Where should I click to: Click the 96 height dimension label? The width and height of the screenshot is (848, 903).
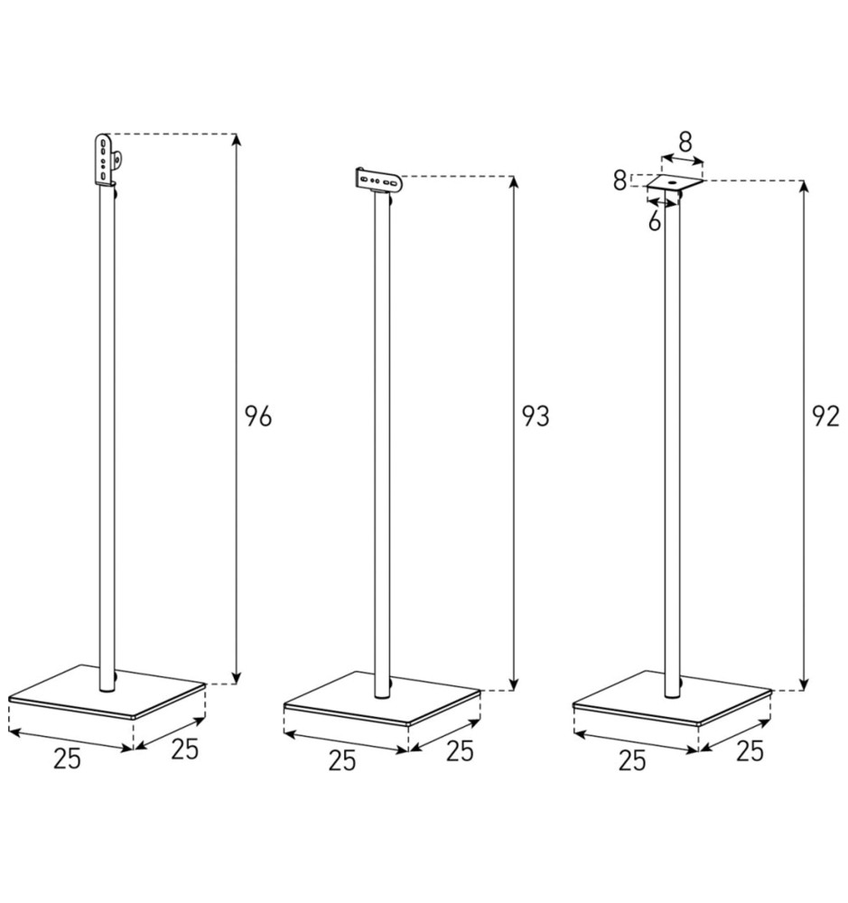point(257,416)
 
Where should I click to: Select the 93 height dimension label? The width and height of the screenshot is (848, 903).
point(536,417)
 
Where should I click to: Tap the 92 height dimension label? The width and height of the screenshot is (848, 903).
point(825,418)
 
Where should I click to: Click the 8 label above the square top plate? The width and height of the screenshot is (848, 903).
point(685,142)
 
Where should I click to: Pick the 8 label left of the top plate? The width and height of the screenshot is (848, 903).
point(620,180)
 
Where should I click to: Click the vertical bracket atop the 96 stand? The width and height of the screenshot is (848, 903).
point(106,160)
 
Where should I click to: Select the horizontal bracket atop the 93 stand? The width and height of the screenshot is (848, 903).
point(378,180)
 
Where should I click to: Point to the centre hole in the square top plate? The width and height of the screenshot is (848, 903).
point(674,184)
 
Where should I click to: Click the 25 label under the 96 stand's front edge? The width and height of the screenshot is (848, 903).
point(66,759)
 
